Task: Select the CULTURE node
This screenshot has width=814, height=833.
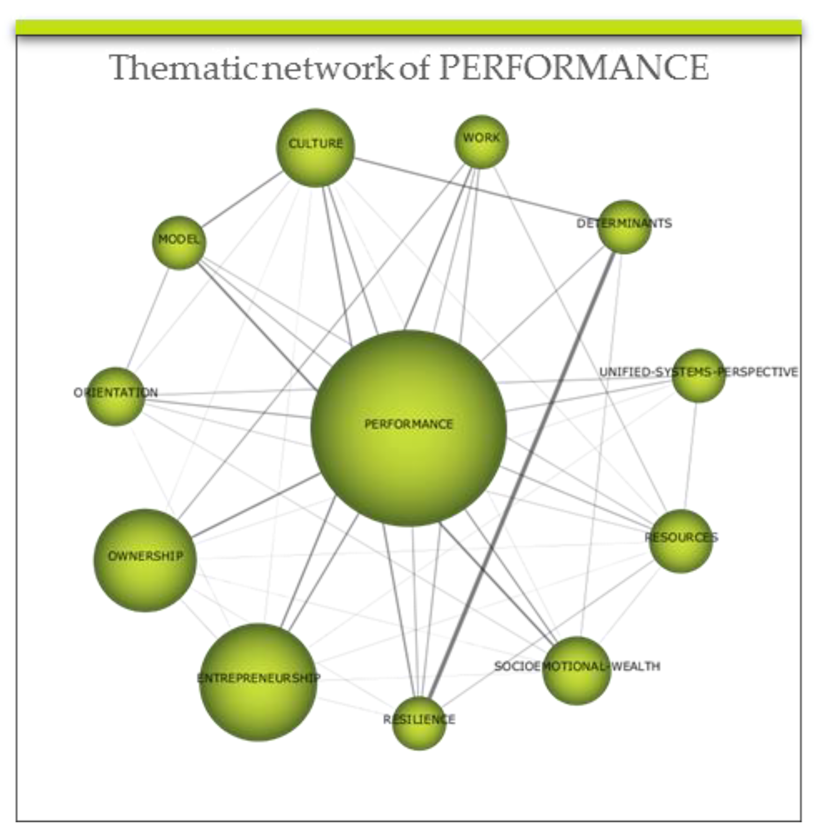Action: click(x=315, y=147)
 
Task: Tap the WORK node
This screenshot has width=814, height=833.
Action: click(x=481, y=142)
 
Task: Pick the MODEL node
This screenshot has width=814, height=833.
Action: click(x=179, y=242)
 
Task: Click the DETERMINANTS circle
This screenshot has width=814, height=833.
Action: click(x=624, y=227)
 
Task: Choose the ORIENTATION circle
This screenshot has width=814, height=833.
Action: click(x=115, y=396)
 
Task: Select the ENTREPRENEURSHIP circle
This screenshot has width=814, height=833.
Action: click(x=258, y=682)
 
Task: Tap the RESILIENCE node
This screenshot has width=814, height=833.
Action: click(x=418, y=723)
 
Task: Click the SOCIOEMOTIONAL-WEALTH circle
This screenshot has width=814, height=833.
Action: click(x=576, y=670)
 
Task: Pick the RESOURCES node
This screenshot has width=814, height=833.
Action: click(x=681, y=541)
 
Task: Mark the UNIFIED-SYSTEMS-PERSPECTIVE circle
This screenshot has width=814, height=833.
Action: click(x=699, y=375)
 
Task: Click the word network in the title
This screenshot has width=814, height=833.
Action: click(x=327, y=67)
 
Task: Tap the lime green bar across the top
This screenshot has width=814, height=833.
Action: click(x=408, y=27)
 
